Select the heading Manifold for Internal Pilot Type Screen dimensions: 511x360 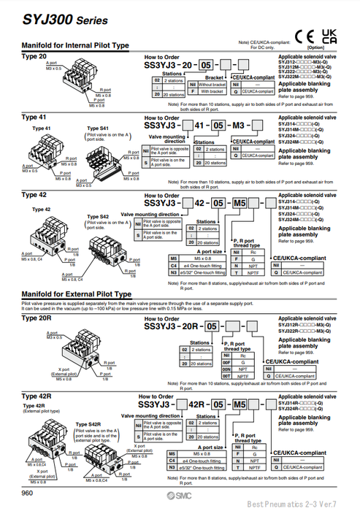coord(75,45)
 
